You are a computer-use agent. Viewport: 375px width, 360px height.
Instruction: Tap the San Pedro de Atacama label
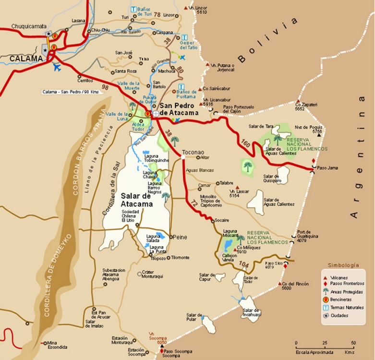(179, 109)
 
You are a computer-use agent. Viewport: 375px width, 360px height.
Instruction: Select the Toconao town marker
(183, 156)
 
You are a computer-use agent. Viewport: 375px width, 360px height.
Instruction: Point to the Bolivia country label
(267, 40)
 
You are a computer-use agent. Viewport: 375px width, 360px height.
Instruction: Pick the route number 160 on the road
(246, 143)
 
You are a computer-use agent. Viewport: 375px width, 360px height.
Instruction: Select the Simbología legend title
(343, 265)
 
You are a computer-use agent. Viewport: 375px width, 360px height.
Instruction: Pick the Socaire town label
(221, 220)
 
